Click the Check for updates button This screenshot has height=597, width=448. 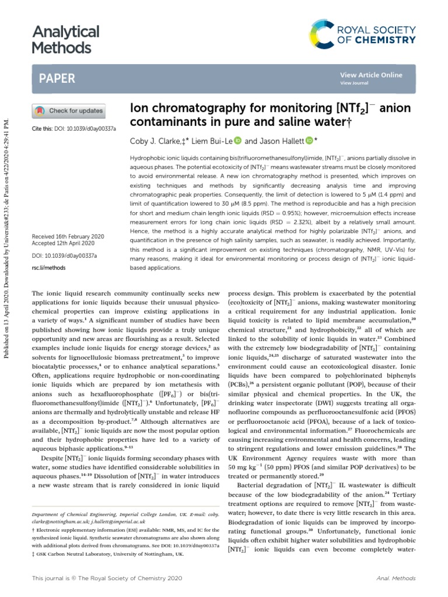68,111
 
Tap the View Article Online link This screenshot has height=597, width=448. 371,75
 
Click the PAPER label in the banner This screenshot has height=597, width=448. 57,78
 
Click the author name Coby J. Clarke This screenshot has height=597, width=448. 152,141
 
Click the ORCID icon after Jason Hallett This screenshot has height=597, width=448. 309,141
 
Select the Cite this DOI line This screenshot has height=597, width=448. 73,128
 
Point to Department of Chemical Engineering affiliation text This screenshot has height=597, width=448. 87,515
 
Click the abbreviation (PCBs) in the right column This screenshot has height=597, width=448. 238,401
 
